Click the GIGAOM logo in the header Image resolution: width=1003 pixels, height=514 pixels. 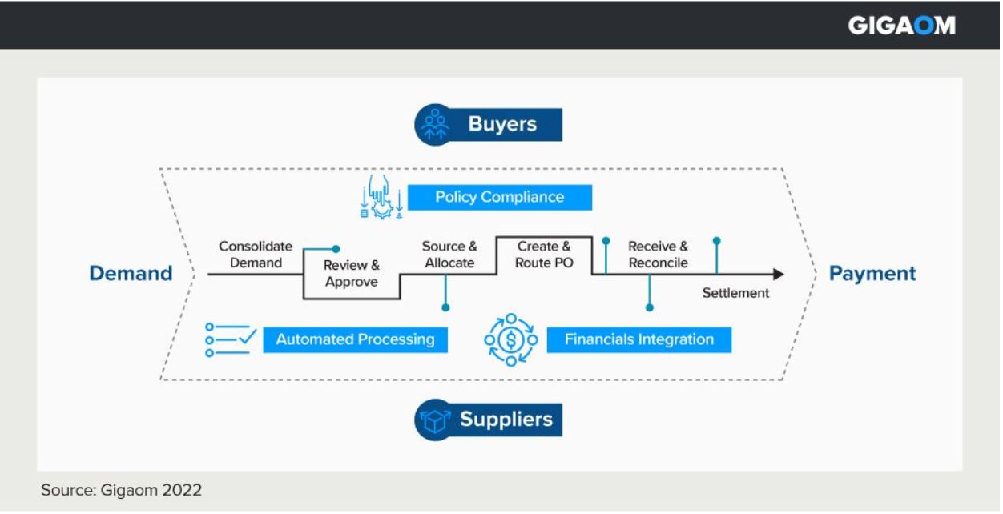tap(901, 26)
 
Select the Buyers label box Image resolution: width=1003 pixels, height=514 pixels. tap(502, 125)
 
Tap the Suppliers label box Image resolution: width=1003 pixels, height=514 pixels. tap(506, 420)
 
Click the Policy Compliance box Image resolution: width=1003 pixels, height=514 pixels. tap(499, 197)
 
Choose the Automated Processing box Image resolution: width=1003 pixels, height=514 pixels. tap(355, 339)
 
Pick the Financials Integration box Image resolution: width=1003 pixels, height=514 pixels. tap(638, 339)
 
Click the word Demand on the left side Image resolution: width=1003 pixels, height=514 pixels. tap(131, 274)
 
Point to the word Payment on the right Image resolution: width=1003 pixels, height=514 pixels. tap(872, 274)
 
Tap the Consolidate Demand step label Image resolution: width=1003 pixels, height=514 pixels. tap(256, 255)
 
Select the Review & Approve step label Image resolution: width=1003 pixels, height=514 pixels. tap(351, 273)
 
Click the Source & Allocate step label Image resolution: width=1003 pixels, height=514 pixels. tap(449, 255)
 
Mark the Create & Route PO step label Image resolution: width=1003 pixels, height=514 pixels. tap(544, 255)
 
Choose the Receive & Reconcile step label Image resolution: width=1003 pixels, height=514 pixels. tap(658, 255)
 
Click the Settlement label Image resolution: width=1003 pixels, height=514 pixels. tap(735, 293)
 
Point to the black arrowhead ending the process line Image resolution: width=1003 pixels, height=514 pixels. tap(778, 275)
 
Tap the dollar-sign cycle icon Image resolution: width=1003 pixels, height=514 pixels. tap(511, 339)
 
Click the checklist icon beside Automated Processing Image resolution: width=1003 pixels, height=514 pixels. tap(231, 339)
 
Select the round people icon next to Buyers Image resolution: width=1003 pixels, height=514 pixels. tap(435, 125)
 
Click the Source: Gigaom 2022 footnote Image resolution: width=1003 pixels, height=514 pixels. tap(122, 490)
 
